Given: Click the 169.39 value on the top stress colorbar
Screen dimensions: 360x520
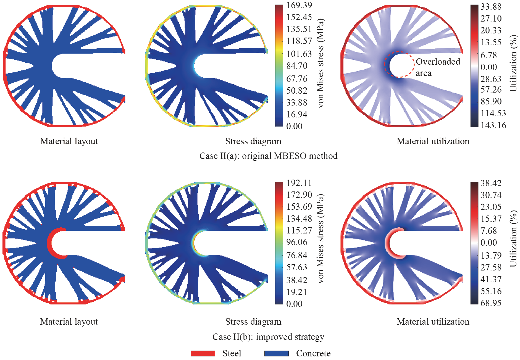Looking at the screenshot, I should (299, 5).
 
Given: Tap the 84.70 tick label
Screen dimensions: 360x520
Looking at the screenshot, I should (297, 66).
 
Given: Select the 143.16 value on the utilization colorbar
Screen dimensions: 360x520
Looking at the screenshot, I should (493, 125).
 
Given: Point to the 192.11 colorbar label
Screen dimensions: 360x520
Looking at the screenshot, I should (299, 183).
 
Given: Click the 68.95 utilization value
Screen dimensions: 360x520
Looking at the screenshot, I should (491, 303).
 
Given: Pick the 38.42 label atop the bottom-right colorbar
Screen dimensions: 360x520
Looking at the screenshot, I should (491, 183).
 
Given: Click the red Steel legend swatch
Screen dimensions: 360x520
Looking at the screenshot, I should (203, 353).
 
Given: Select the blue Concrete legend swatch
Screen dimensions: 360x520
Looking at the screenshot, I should (276, 353).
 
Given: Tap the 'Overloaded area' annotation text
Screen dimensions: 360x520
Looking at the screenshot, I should (438, 67).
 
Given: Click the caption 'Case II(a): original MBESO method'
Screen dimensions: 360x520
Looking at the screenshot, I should (268, 156).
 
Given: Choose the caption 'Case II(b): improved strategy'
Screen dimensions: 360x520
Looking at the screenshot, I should (268, 337).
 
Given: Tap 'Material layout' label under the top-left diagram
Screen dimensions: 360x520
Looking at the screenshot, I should (69, 141).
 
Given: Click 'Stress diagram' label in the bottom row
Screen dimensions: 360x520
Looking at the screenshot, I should (253, 322).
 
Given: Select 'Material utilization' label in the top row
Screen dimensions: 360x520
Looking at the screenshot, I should (433, 141).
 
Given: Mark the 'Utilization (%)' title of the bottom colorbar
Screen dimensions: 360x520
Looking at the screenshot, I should (513, 238).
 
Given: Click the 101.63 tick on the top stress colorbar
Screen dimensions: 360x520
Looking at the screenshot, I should (299, 54).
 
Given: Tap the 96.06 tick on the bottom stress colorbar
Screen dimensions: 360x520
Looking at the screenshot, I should (297, 242).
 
